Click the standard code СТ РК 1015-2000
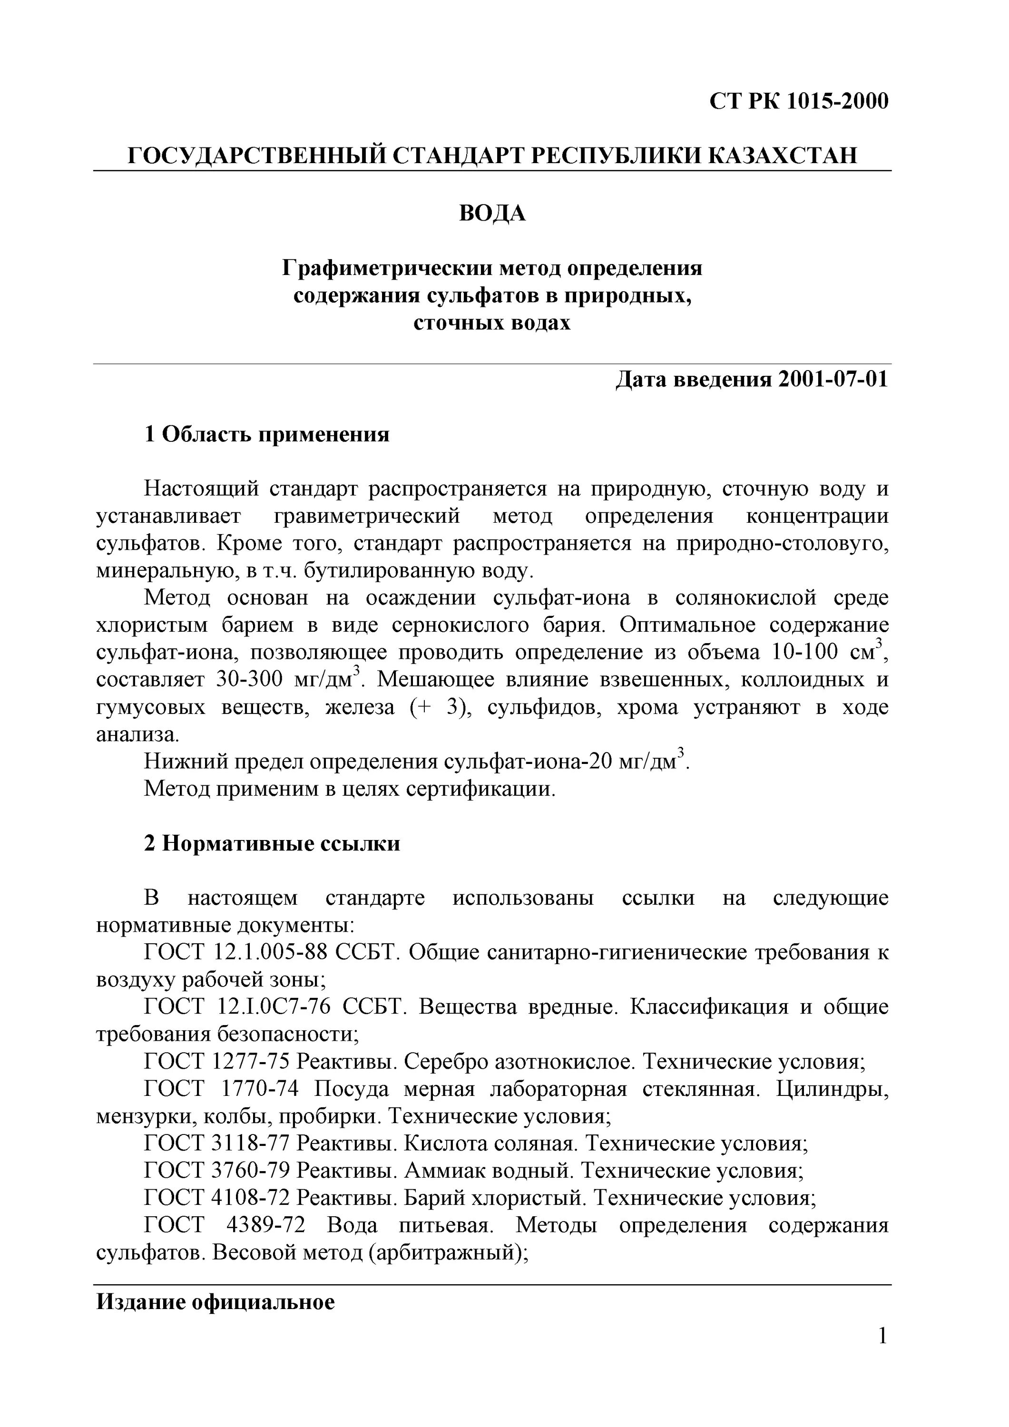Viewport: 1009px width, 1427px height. (x=799, y=101)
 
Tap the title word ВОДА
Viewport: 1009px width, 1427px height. (x=492, y=213)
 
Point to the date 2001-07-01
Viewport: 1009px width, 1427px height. (x=833, y=379)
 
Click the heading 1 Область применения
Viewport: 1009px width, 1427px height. (x=267, y=434)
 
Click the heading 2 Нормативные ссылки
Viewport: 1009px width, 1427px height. (x=272, y=843)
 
